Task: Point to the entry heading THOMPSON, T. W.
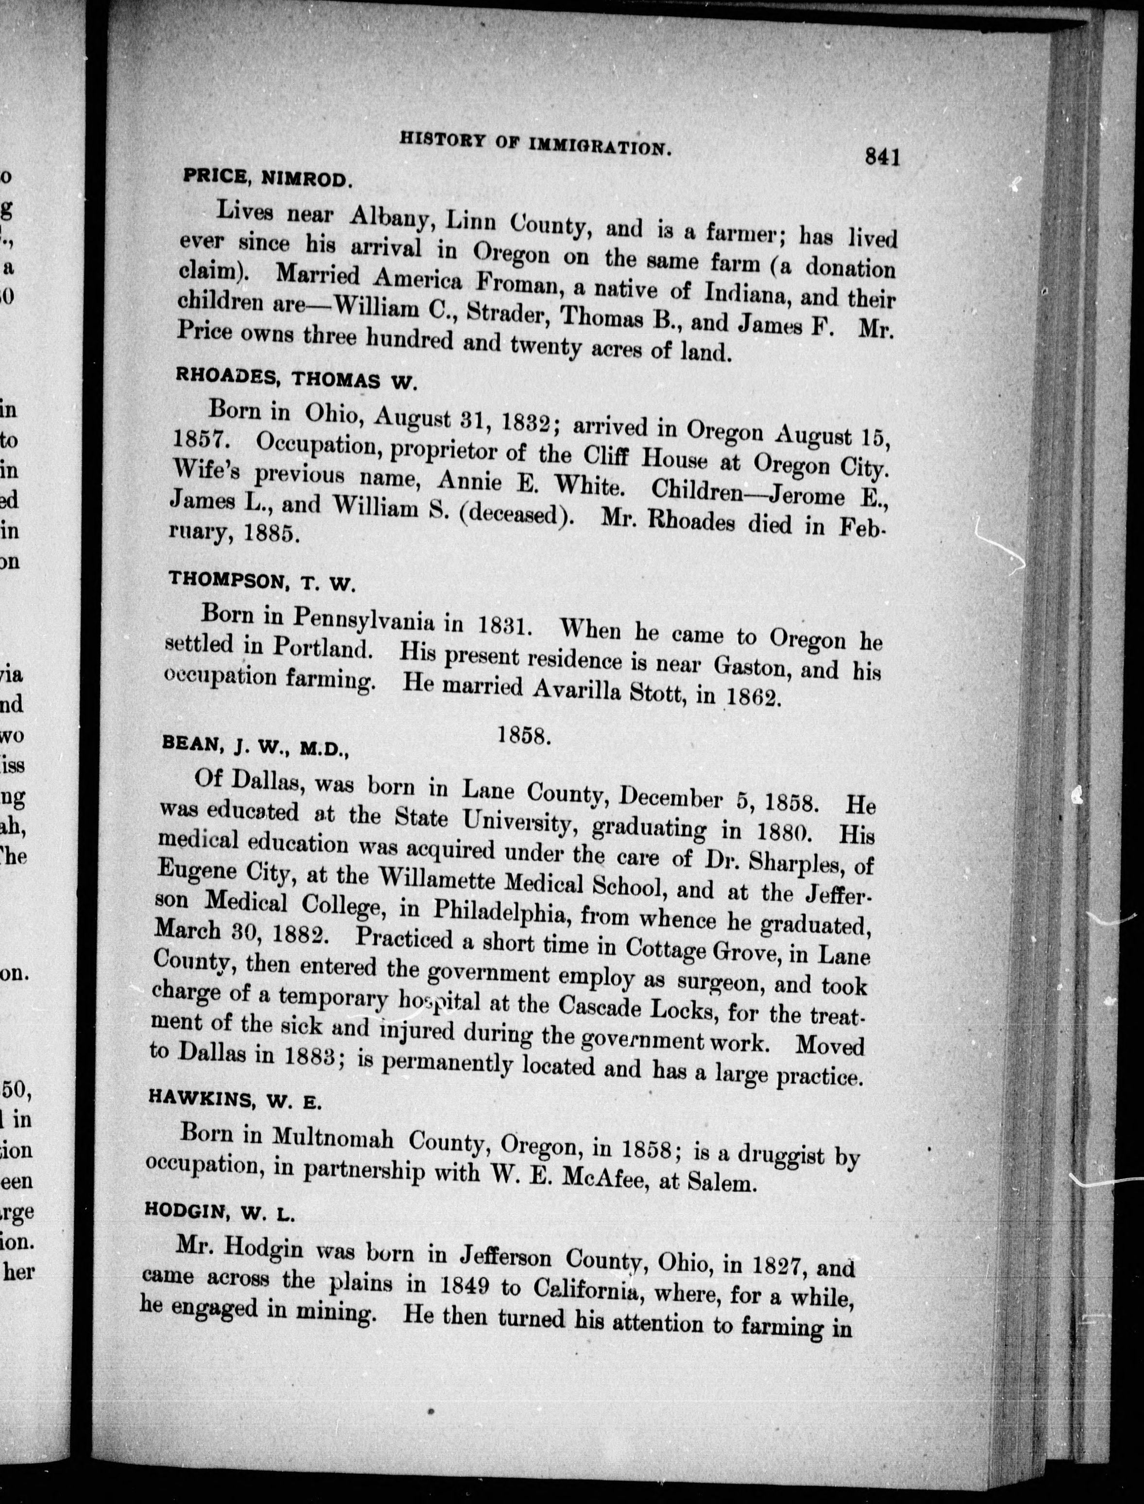pos(262,581)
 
